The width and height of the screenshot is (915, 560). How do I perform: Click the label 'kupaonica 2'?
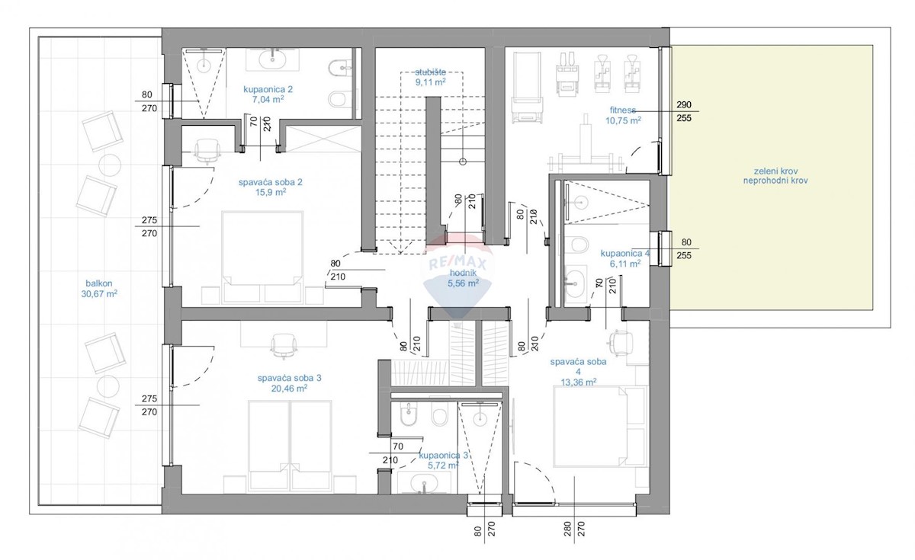pyautogui.click(x=268, y=88)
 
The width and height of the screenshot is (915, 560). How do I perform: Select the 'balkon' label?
pyautogui.click(x=95, y=282)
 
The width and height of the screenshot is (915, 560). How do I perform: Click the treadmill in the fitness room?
pyautogui.click(x=526, y=85)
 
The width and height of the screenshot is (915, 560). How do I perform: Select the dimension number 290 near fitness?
pyautogui.click(x=683, y=104)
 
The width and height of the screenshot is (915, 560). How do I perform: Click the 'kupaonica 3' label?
pyautogui.click(x=444, y=456)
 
